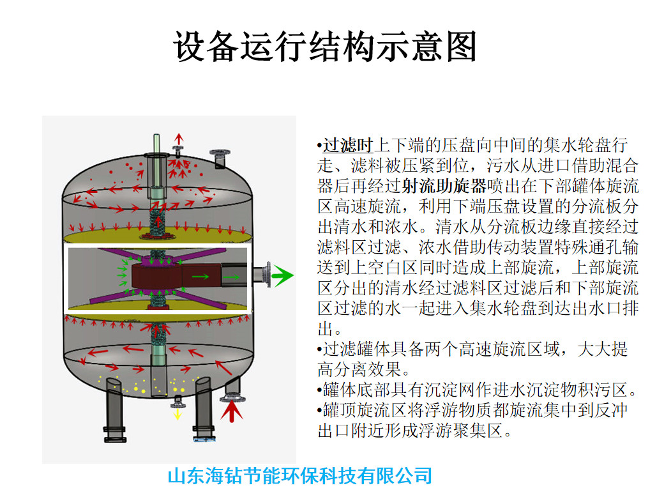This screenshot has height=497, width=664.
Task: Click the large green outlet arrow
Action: point(282,276)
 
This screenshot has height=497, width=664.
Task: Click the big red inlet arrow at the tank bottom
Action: point(231,411)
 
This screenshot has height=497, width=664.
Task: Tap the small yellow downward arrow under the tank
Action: point(177,413)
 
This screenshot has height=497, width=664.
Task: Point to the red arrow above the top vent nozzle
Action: point(179,139)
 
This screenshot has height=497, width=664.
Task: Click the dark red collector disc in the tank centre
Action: point(156,276)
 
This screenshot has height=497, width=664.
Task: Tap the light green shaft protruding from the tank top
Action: point(156,144)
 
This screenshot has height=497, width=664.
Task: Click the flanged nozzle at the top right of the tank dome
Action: point(220,158)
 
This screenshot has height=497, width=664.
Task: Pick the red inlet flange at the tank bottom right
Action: point(232,397)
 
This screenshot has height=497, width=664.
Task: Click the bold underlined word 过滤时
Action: point(348,145)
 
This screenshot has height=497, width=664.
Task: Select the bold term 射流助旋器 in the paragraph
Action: point(444,186)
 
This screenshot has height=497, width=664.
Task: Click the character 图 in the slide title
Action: point(462,46)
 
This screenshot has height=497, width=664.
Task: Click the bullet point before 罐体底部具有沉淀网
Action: point(320,390)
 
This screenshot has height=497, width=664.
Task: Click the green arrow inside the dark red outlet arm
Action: point(200,277)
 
